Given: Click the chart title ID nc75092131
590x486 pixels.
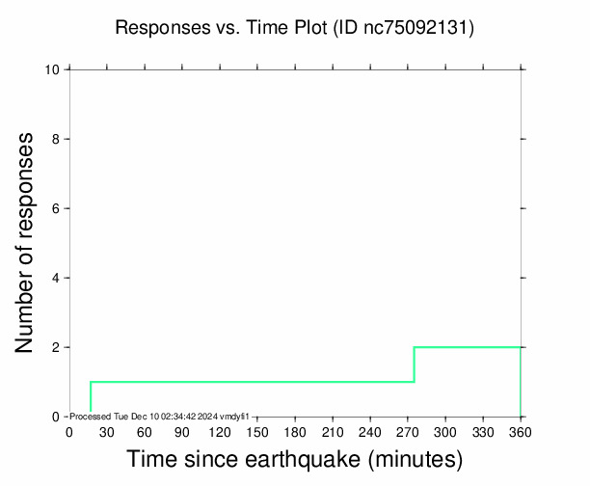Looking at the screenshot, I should [x=403, y=28].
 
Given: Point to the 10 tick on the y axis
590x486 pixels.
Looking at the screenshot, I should [x=54, y=69].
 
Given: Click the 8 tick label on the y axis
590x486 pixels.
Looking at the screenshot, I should [x=57, y=139].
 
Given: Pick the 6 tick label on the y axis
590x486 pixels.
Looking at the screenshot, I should [x=57, y=208].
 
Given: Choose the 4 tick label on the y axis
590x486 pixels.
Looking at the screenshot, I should [x=57, y=278].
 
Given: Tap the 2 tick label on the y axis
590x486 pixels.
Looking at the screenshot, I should [x=57, y=347].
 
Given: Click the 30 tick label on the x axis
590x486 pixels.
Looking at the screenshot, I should [x=106, y=431].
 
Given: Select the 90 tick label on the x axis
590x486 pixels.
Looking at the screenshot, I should [x=181, y=431].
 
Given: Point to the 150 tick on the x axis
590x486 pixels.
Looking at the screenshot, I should [x=256, y=431].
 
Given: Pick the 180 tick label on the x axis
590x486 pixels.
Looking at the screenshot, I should [x=294, y=431].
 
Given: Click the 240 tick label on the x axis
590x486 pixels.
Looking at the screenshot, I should [x=369, y=431].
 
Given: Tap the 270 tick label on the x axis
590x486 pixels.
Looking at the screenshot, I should [x=407, y=431].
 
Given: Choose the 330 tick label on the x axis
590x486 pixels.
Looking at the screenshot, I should [x=483, y=431].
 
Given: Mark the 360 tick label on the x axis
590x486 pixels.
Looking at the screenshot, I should [x=521, y=431].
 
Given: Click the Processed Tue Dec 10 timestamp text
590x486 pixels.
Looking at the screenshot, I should [x=160, y=416].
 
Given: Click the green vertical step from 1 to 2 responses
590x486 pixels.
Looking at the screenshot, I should [x=414, y=364].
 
